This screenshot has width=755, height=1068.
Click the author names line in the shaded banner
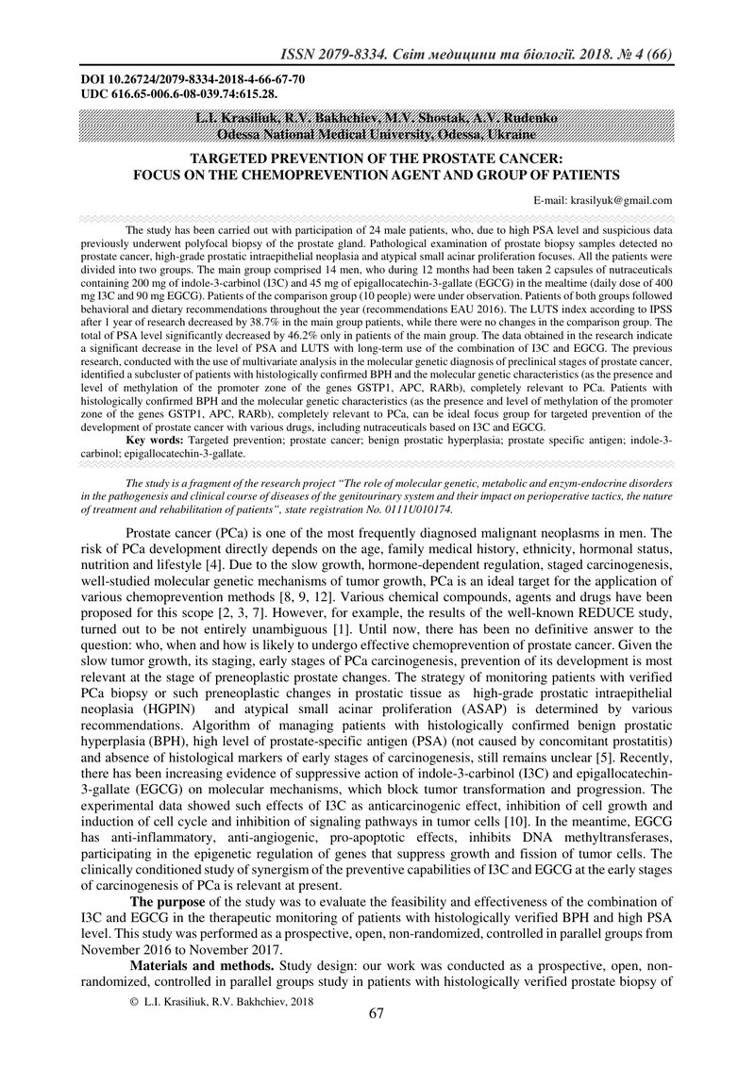pyautogui.click(x=376, y=118)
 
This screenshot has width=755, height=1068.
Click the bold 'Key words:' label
pyautogui.click(x=156, y=441)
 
